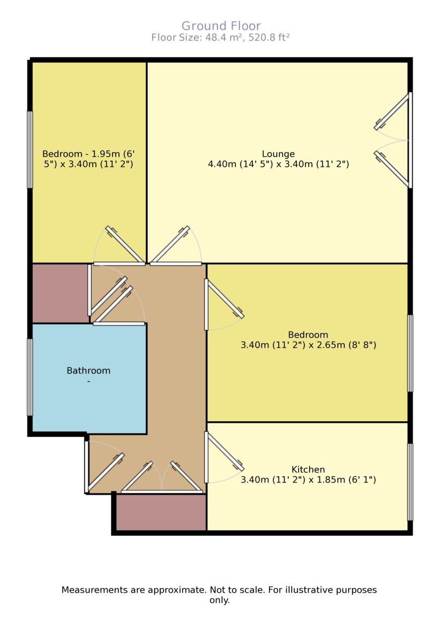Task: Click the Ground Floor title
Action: (x=221, y=26)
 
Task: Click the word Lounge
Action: (x=278, y=154)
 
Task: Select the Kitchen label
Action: (x=308, y=470)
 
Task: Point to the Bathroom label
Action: (x=88, y=370)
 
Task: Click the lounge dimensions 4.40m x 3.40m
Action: (x=278, y=164)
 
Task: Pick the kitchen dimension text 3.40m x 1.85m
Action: (x=308, y=480)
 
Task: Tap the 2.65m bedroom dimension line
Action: (x=308, y=345)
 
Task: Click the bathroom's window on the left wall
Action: (x=29, y=377)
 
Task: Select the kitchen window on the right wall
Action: (x=410, y=482)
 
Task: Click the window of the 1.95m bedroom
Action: (x=29, y=150)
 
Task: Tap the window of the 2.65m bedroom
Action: (x=410, y=353)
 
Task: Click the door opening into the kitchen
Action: (x=224, y=457)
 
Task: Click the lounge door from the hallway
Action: (x=175, y=245)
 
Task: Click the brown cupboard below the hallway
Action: (x=161, y=512)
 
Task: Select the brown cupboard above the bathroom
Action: (x=61, y=294)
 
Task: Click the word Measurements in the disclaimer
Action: (x=94, y=590)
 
